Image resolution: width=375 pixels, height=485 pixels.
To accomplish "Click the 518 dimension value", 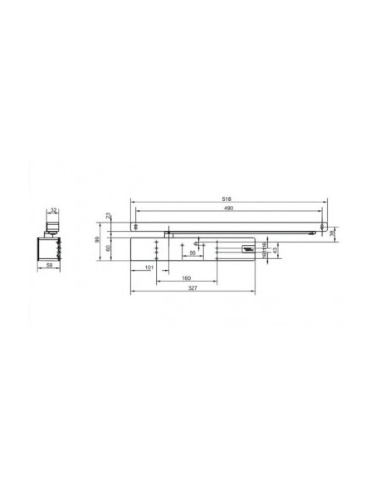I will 227,199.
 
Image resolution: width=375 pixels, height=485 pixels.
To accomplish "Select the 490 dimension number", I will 227,208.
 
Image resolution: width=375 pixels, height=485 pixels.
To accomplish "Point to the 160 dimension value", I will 187,277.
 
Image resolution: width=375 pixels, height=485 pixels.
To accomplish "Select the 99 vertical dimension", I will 97,239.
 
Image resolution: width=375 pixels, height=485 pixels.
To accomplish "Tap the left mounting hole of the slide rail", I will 134,226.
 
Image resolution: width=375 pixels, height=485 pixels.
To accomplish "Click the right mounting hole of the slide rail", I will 324,226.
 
